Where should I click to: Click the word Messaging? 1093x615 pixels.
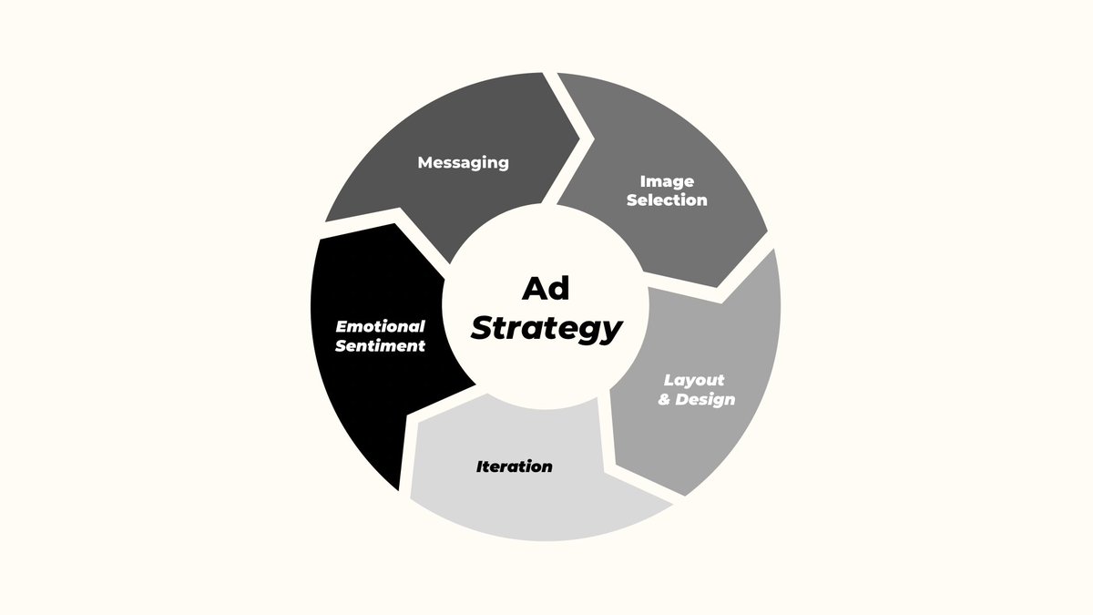pos(463,162)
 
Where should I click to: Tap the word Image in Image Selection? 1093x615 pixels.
pos(667,181)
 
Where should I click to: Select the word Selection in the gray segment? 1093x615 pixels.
pos(667,200)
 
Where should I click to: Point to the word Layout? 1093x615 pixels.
pos(694,380)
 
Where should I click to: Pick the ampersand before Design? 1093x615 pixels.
pos(665,400)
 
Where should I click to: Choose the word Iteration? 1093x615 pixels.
pos(514,466)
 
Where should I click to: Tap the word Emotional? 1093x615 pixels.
pos(381,326)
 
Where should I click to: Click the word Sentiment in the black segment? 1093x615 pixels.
pos(381,345)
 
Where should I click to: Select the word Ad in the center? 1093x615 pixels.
pos(546,289)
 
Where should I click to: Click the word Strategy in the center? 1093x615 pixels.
pos(546,328)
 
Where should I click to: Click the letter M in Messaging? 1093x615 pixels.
pos(424,162)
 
